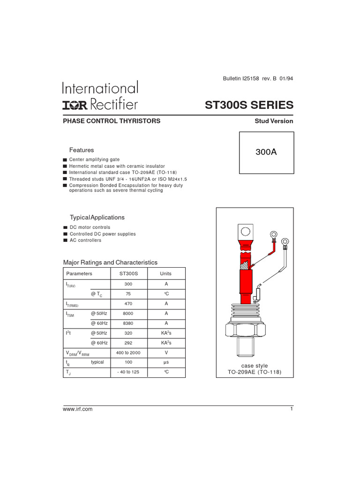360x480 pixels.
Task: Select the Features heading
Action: tap(82, 150)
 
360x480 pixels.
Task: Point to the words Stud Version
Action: tap(274, 121)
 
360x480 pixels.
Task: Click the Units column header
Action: tap(166, 273)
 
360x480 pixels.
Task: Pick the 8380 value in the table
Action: tap(128, 323)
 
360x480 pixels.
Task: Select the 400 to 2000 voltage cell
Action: tap(128, 352)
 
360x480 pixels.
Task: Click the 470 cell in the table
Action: tap(128, 304)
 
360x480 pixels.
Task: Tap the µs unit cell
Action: tap(166, 362)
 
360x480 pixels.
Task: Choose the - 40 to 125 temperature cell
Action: tap(128, 372)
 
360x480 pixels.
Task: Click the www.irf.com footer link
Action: tap(78, 409)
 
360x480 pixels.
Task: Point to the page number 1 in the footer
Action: tap(291, 409)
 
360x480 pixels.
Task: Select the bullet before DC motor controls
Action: tap(65, 227)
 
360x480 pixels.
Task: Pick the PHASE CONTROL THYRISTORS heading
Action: tap(112, 121)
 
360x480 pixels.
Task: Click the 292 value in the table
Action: tap(128, 343)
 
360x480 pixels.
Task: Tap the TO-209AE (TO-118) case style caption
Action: tap(255, 373)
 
